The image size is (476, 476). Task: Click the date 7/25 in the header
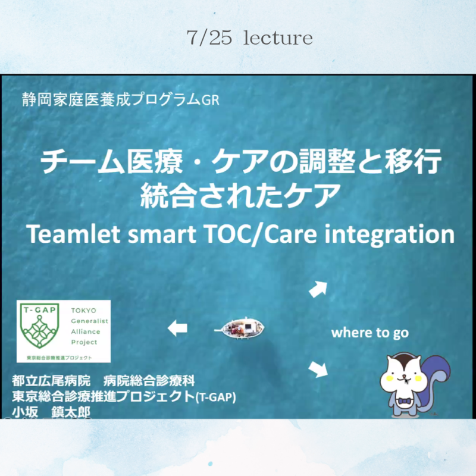pyautogui.click(x=209, y=37)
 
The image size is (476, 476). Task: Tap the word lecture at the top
pyautogui.click(x=278, y=37)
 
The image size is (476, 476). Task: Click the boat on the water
pyautogui.click(x=240, y=328)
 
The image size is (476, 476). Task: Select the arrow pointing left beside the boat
pyautogui.click(x=177, y=328)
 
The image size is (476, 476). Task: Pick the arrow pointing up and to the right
pyautogui.click(x=318, y=289)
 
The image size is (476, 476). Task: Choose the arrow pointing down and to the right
pyautogui.click(x=318, y=369)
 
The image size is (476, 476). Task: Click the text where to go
pyautogui.click(x=369, y=333)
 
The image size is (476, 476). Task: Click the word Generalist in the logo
pyautogui.click(x=90, y=321)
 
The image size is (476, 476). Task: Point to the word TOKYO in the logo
pyautogui.click(x=83, y=310)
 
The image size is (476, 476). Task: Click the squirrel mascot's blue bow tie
pyautogui.click(x=404, y=401)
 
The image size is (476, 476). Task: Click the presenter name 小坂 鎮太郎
pyautogui.click(x=51, y=412)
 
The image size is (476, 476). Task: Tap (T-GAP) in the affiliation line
pyautogui.click(x=215, y=397)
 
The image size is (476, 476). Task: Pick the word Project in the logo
pyautogui.click(x=84, y=343)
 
